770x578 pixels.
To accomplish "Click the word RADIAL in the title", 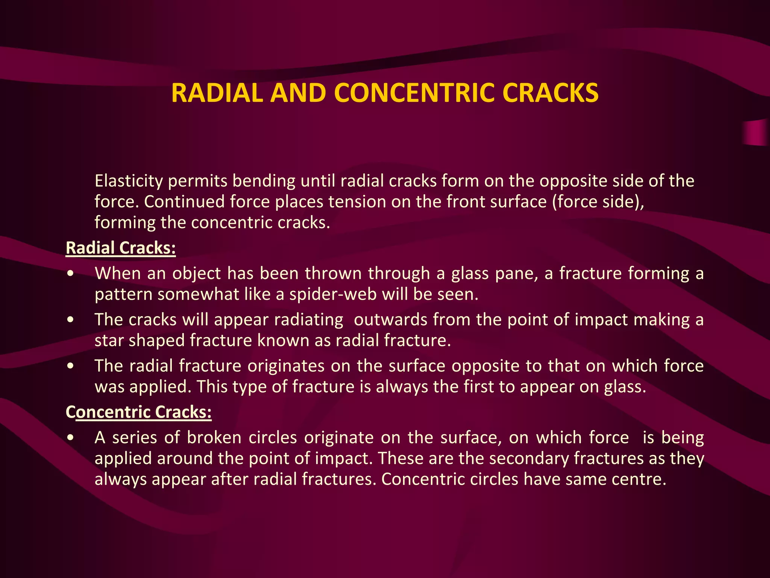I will (217, 93).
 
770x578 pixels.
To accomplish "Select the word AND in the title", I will (298, 93).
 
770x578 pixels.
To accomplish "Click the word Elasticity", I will (129, 181).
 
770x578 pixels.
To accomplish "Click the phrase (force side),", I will (598, 202).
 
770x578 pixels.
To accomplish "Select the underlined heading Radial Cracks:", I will (121, 248).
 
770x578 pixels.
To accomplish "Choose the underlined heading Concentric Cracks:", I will (139, 412).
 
